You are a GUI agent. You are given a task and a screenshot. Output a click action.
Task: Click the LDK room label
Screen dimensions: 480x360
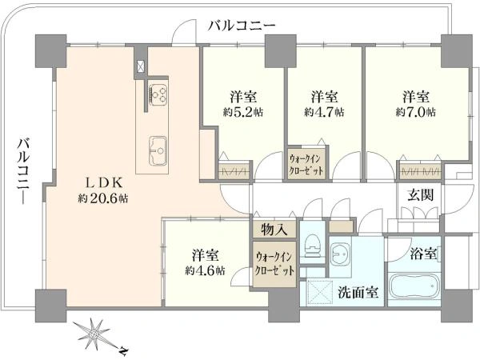click(103, 183)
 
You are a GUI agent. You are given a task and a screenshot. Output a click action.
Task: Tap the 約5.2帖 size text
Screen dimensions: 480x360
click(243, 112)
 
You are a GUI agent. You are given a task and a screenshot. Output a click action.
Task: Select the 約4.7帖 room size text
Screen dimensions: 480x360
click(324, 112)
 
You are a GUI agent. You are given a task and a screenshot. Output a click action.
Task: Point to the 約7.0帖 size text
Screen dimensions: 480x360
click(416, 112)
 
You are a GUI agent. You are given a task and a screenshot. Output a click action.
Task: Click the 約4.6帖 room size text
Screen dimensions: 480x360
click(205, 270)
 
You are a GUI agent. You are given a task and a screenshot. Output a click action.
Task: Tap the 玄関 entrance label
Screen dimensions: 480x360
click(421, 194)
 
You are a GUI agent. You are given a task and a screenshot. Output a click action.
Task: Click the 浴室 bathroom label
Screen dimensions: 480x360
click(423, 254)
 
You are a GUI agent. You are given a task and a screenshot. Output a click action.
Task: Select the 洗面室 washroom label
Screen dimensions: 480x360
click(358, 293)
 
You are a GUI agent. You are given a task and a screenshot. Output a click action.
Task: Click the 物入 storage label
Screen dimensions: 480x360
click(274, 230)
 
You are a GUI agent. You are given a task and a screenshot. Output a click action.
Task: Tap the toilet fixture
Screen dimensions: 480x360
click(313, 246)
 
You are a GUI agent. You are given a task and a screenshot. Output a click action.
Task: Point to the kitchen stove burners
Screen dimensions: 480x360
click(158, 94)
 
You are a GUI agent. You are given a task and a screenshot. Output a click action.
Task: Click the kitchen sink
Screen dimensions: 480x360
click(158, 151)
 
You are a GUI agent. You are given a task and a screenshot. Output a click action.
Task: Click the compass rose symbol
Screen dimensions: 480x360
click(94, 334)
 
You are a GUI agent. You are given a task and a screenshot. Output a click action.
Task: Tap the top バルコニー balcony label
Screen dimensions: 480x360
click(242, 26)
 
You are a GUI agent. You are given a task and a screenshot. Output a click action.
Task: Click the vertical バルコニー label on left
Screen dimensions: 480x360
click(24, 171)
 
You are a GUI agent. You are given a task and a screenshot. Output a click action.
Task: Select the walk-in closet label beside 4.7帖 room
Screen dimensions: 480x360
click(306, 166)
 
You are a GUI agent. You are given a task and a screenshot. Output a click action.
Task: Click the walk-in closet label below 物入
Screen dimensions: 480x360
click(274, 263)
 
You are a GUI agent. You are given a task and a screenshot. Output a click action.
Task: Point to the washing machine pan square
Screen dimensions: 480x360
click(319, 292)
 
